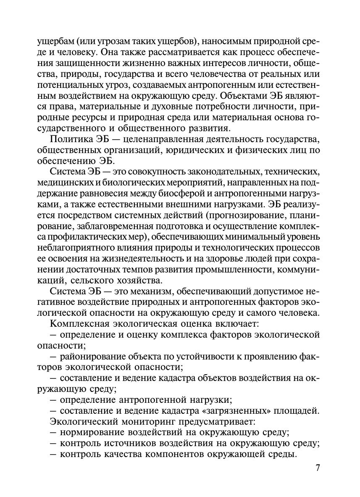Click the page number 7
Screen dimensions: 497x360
(318, 468)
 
